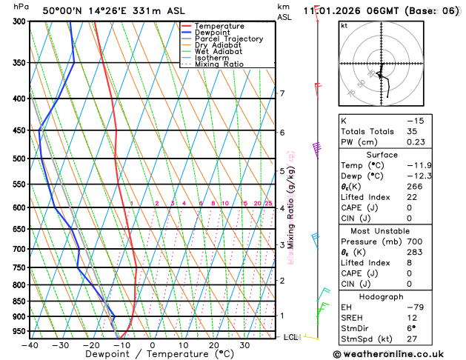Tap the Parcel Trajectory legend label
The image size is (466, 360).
point(228,39)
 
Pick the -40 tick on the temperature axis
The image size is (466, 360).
point(30,345)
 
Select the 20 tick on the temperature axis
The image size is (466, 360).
point(213,345)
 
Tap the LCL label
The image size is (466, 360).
point(291,337)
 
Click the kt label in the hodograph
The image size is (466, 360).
point(344,25)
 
